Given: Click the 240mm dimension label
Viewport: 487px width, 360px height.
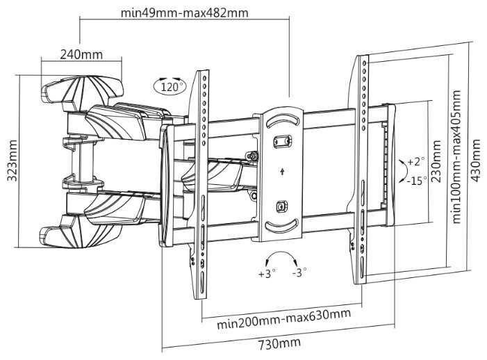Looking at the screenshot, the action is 81,54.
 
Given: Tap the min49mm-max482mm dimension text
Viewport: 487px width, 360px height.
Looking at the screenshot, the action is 185,13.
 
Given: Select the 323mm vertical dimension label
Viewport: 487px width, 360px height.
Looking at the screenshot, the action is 13,161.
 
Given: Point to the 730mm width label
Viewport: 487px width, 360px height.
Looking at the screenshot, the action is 279,343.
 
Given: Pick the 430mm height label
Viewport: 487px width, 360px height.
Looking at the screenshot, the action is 475,161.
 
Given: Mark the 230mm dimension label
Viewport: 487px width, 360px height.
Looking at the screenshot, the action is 436,161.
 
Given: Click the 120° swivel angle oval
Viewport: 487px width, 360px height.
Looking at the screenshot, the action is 170,85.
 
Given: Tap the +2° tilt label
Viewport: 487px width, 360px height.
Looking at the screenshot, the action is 415,161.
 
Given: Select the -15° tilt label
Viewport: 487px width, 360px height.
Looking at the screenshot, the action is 417,181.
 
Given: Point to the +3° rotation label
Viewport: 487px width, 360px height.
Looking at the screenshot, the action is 267,274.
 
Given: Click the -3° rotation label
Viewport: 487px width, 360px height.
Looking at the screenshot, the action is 299,272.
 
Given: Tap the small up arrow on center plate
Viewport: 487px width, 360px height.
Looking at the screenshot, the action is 282,171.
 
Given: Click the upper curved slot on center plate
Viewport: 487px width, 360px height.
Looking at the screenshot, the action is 282,120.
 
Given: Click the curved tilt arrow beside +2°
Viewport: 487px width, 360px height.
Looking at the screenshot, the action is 404,172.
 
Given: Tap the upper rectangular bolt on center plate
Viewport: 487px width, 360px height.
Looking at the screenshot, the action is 282,142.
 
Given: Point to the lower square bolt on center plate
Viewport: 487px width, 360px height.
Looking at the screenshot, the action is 282,206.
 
